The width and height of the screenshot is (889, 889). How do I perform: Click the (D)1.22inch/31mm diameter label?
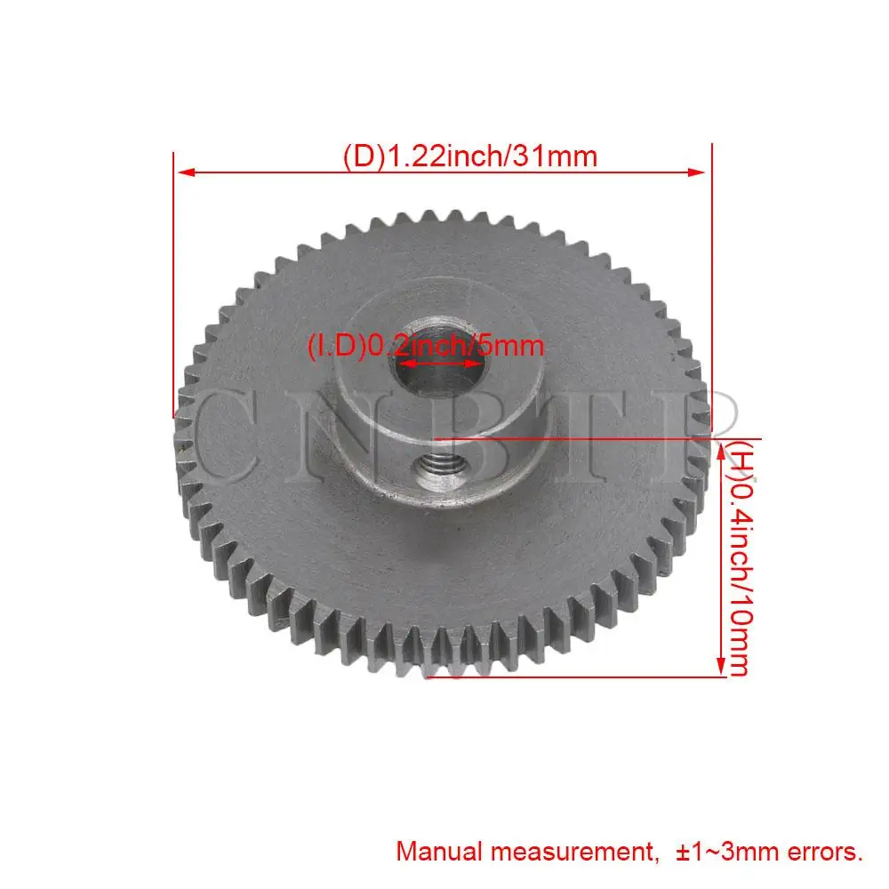(x=470, y=156)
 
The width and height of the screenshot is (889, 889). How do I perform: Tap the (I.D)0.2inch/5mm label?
(x=425, y=345)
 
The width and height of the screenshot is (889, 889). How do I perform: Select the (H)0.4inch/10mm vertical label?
(x=740, y=558)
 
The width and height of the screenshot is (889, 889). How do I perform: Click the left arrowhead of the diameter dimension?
(x=187, y=172)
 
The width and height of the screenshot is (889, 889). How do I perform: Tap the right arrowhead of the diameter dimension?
(x=696, y=172)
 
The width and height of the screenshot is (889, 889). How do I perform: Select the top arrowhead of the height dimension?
(x=721, y=453)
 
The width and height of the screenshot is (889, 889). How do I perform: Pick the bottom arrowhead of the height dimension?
(x=721, y=666)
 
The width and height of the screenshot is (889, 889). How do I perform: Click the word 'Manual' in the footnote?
(x=439, y=852)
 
